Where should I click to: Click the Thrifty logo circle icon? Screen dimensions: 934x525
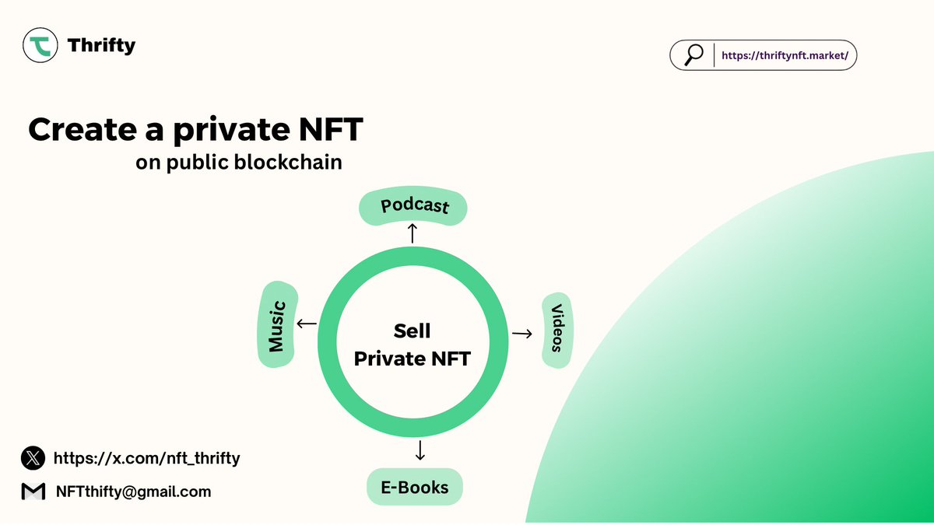pos(40,45)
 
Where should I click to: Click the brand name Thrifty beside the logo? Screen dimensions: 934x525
pos(101,45)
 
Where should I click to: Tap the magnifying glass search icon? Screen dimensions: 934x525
pos(693,55)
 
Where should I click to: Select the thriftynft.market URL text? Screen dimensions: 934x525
pos(785,55)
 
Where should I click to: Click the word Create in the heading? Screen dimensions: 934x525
pos(83,130)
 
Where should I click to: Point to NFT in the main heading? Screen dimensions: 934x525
pos(331,129)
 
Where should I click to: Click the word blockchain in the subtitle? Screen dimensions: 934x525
pos(288,162)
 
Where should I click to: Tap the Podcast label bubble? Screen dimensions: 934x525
pos(413,206)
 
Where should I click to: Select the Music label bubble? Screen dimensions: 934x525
pos(277,324)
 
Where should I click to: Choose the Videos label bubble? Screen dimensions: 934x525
pos(557,330)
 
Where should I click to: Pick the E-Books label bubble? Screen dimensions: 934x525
pos(415,487)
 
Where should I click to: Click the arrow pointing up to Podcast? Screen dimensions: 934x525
pos(413,233)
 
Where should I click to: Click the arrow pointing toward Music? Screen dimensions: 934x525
pos(307,324)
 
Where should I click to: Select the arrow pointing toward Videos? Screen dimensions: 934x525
pos(522,334)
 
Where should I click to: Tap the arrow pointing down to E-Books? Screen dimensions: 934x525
pos(420,450)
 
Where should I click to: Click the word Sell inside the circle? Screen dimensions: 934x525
pos(412,331)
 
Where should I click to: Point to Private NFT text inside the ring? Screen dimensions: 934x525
pos(413,359)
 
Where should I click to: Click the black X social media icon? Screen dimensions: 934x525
pos(33,458)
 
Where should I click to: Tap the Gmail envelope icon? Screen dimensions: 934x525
pos(33,492)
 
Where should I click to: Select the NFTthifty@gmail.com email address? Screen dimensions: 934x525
pos(133,492)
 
